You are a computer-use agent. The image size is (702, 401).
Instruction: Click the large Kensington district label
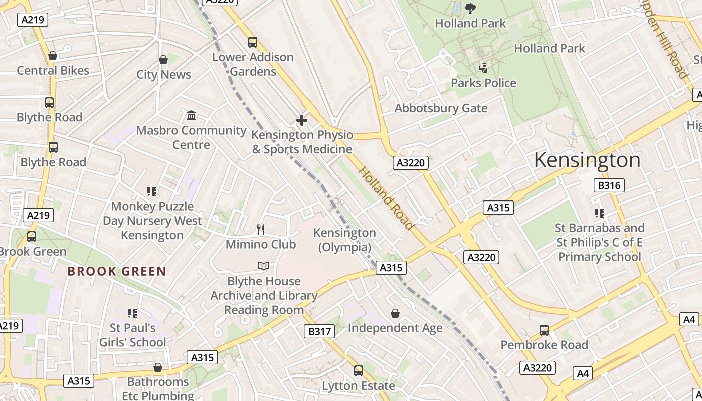587,160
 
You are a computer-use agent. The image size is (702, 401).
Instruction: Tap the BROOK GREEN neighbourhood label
117,271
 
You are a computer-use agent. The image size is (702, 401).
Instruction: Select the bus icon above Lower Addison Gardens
253,42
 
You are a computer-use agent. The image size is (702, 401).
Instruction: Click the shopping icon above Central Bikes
53,56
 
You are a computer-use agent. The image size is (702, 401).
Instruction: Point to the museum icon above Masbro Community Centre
191,116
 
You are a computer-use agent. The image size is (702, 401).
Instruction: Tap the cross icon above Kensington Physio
302,120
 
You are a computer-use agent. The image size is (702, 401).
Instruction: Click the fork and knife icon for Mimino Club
261,230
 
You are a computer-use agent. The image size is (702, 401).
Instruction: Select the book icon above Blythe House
264,266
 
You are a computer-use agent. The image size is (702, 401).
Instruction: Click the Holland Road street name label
386,198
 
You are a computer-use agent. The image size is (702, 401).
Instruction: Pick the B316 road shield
609,185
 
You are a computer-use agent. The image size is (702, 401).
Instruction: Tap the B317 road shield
319,331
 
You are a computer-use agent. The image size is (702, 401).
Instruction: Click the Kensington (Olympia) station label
344,240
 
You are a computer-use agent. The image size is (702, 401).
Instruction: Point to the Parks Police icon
483,68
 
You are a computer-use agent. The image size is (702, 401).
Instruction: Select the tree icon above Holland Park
470,8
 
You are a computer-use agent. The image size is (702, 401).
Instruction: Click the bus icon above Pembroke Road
544,330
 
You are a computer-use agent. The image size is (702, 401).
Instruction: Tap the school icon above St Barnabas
600,213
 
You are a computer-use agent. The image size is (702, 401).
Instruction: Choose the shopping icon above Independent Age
395,313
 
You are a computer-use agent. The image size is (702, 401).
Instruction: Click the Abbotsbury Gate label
441,108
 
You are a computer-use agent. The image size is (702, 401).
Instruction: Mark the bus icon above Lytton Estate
359,371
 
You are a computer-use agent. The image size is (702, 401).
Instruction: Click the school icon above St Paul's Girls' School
132,313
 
